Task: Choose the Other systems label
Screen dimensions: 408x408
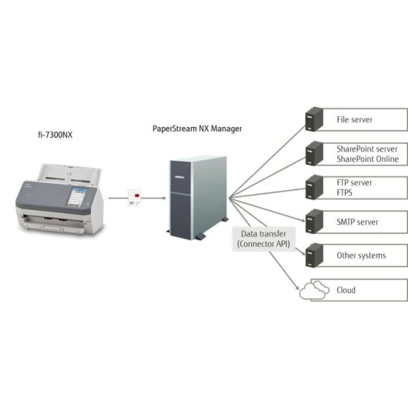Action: click(361, 256)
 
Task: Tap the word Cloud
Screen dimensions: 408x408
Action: click(346, 290)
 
